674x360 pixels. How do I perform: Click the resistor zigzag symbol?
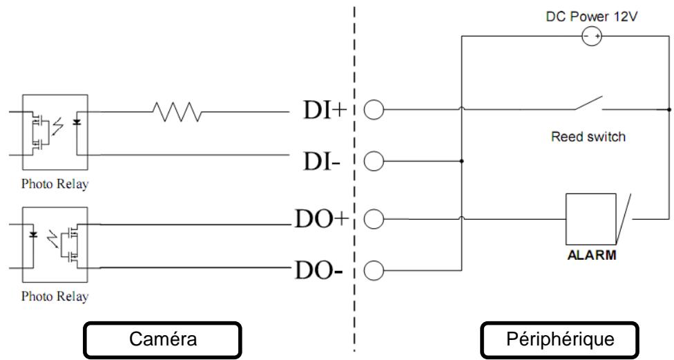tap(177, 112)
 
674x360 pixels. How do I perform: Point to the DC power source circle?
tap(592, 36)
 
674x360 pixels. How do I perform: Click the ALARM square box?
tap(590, 219)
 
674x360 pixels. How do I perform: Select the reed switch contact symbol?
tap(589, 104)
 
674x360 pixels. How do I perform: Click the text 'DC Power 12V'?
tap(591, 17)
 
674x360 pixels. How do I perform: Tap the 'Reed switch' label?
tap(588, 137)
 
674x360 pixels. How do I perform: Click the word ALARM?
tap(591, 255)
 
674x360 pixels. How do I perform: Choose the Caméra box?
tap(162, 339)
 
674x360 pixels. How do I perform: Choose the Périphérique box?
tap(559, 339)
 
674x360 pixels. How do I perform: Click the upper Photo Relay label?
tap(55, 184)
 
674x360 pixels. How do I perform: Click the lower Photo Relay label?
tap(55, 296)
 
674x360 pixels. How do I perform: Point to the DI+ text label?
tap(325, 110)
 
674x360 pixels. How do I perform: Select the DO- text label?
tap(318, 271)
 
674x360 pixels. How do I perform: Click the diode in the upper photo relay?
tap(77, 122)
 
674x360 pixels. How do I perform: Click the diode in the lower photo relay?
tap(33, 234)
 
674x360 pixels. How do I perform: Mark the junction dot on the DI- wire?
tap(462, 161)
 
